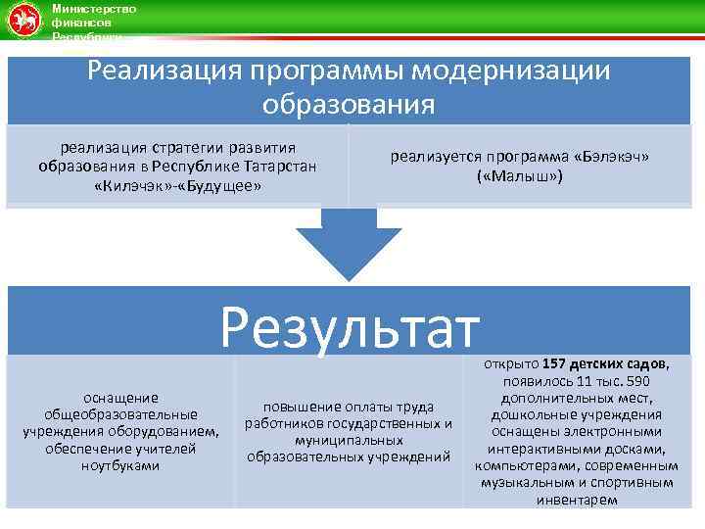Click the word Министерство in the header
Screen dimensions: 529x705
pyautogui.click(x=95, y=8)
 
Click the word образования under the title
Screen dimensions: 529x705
pyautogui.click(x=349, y=103)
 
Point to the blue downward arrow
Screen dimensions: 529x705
pyautogui.click(x=349, y=245)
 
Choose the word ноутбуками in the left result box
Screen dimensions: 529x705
pyautogui.click(x=120, y=465)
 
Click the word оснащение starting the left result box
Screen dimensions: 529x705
pyautogui.click(x=120, y=397)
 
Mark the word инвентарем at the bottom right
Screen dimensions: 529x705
pyautogui.click(x=578, y=500)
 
